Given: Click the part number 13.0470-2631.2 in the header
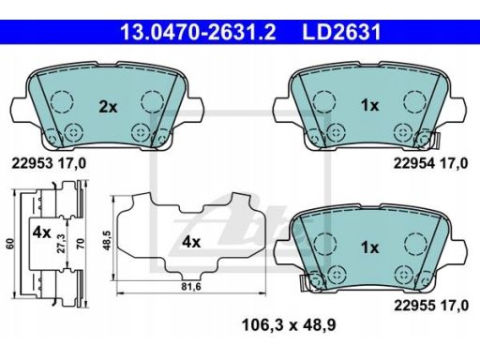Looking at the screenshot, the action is [199, 32].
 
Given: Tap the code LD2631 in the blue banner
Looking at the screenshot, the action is [341, 32].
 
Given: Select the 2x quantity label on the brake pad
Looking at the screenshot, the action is [108, 107].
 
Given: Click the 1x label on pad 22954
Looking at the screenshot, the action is [369, 106].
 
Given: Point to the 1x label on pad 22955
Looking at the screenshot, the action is [369, 247].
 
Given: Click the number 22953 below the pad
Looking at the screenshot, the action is [32, 163].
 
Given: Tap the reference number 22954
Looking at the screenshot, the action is [414, 163].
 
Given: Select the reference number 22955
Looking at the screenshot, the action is [414, 306].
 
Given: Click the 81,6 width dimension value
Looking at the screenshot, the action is [191, 286].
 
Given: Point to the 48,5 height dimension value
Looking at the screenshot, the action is [107, 240].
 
